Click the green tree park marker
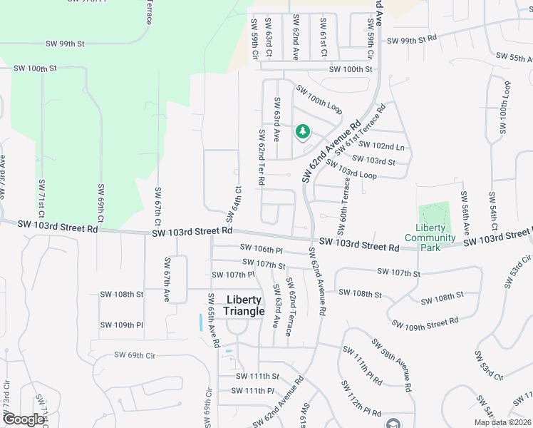coord(303,131)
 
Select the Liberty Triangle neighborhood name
coord(245,305)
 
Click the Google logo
coord(24,419)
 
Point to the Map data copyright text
coord(502,422)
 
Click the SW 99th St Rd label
coord(411,40)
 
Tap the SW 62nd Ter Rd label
coord(262,157)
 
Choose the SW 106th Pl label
coord(262,249)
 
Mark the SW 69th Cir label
coord(135,355)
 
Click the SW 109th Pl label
coord(121,325)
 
